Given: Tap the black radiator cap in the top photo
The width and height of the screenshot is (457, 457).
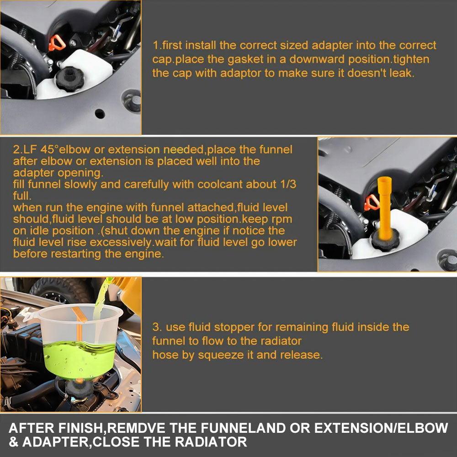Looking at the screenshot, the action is (70, 79).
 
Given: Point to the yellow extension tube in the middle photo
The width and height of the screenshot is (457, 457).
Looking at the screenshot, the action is (385, 207).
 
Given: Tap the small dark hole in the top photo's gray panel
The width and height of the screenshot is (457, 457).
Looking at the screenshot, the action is (100, 113).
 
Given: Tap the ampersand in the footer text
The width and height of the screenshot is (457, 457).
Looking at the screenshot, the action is (13, 442).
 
